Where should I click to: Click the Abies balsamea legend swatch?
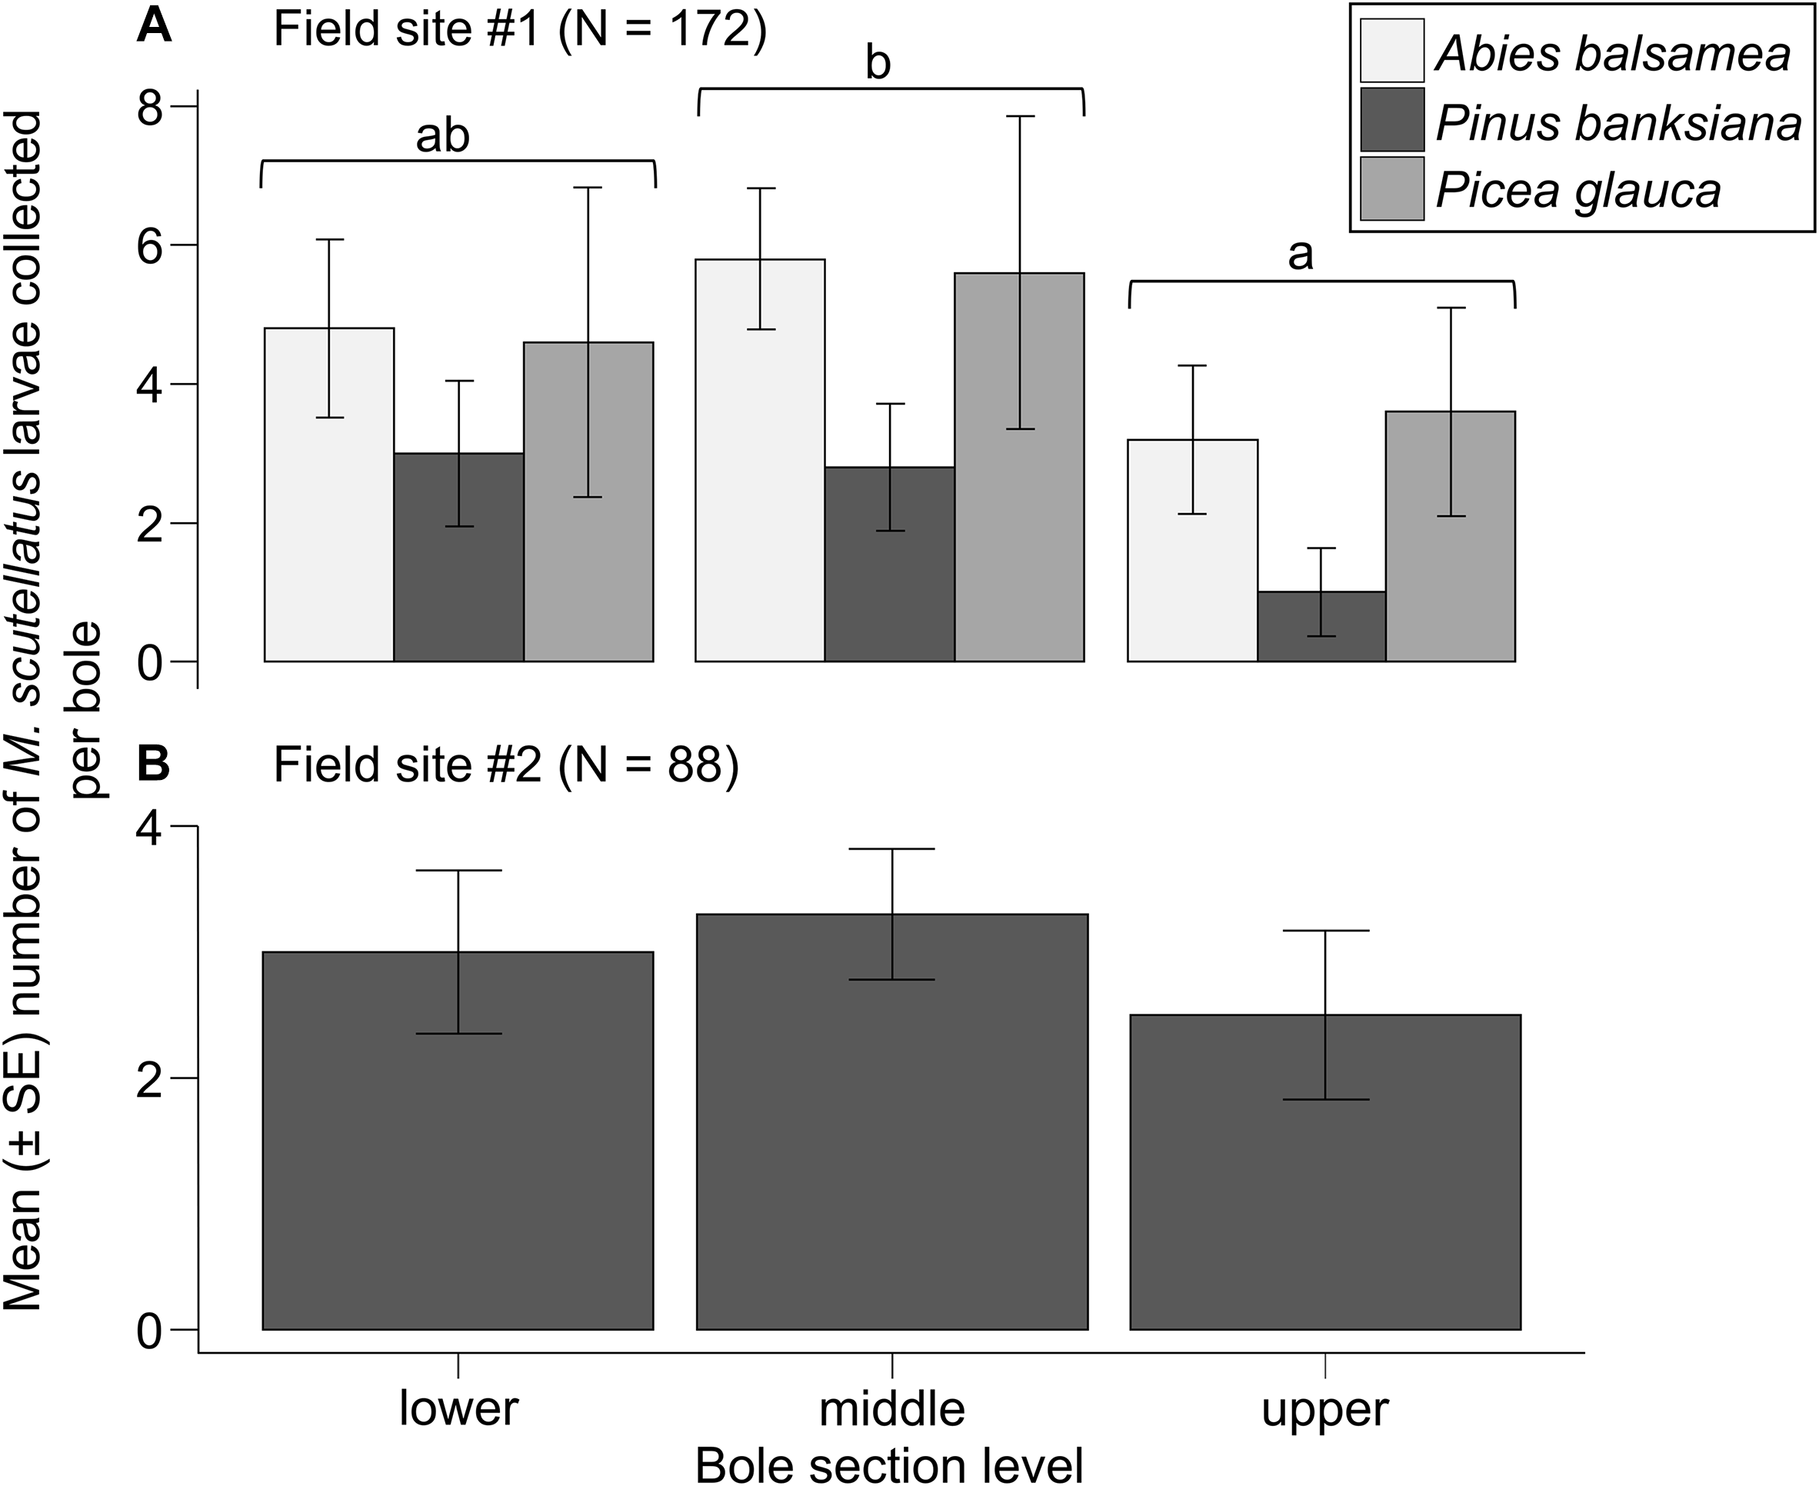1392,51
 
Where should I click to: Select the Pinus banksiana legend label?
1617,122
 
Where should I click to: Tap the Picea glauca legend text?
1577,190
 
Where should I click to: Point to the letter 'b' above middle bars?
878,64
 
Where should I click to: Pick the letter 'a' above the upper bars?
1301,255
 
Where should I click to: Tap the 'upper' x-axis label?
1325,1409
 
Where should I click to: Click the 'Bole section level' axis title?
889,1464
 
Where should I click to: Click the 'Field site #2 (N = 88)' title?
505,765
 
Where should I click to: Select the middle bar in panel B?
892,1121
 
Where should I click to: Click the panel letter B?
155,764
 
